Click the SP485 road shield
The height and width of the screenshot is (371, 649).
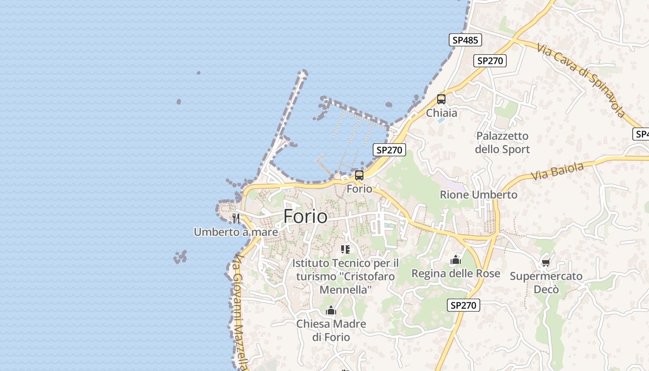tap(465, 40)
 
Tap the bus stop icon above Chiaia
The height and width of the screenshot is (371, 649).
tap(441, 99)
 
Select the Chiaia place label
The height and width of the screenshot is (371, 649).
tap(441, 113)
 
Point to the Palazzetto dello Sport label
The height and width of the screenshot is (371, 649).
tap(502, 143)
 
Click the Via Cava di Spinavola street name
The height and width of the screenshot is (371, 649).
tap(581, 80)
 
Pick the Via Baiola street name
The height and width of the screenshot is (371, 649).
tap(557, 172)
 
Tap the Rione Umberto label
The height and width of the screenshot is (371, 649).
tap(478, 195)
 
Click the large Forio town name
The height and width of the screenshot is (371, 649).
tap(305, 217)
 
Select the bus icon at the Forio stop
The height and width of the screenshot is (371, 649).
tap(359, 175)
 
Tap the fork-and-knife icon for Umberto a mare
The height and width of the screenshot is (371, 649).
tap(236, 218)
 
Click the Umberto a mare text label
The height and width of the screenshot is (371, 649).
tap(236, 232)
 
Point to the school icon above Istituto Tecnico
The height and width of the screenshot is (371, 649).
tap(345, 249)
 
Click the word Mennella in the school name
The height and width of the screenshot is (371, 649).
tap(345, 290)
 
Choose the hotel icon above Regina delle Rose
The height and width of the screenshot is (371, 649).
tap(456, 260)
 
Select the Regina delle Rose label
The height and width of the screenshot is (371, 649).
tap(456, 274)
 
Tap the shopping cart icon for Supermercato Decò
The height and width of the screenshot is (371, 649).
tap(546, 263)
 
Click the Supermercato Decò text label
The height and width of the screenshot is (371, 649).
tap(546, 283)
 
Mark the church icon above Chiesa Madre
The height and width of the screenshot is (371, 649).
tap(331, 310)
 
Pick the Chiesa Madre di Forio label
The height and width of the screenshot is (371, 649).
tap(331, 330)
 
